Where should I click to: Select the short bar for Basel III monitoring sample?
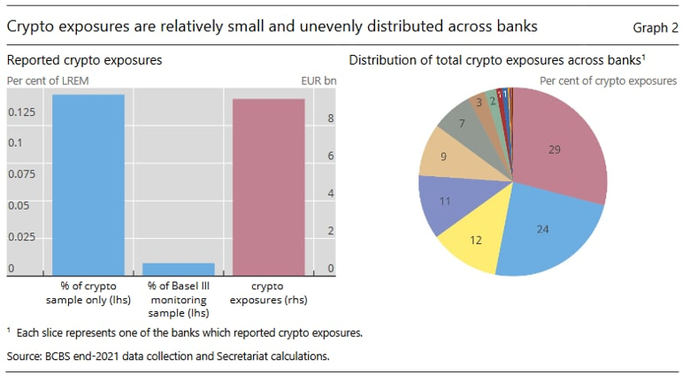179,269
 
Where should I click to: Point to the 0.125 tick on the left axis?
22,112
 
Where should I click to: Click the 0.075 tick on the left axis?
22,174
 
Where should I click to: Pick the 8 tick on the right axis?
330,119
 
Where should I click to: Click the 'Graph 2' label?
655,27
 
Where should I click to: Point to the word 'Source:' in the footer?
27,356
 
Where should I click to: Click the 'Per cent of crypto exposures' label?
608,80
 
